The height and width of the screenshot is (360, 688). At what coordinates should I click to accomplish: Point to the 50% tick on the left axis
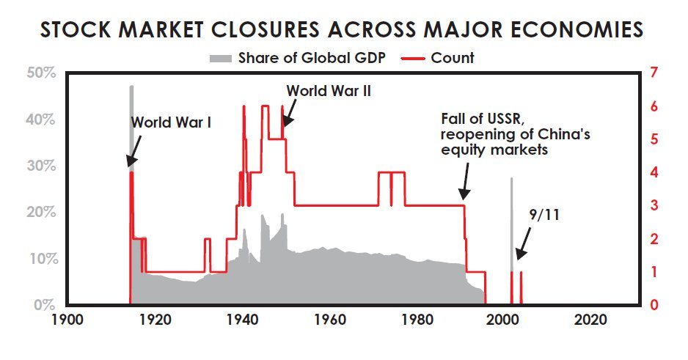click(x=40, y=73)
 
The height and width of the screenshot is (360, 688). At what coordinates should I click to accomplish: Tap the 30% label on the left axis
click(x=40, y=166)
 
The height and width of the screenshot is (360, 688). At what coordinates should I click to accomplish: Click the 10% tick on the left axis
click(x=40, y=259)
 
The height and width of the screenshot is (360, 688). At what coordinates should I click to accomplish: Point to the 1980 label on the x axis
click(x=416, y=321)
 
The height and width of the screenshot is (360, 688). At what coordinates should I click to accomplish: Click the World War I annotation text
click(x=171, y=122)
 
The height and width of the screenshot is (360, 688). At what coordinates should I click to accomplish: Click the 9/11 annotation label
click(x=544, y=214)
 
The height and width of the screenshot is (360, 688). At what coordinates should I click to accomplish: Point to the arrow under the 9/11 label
click(x=522, y=245)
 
